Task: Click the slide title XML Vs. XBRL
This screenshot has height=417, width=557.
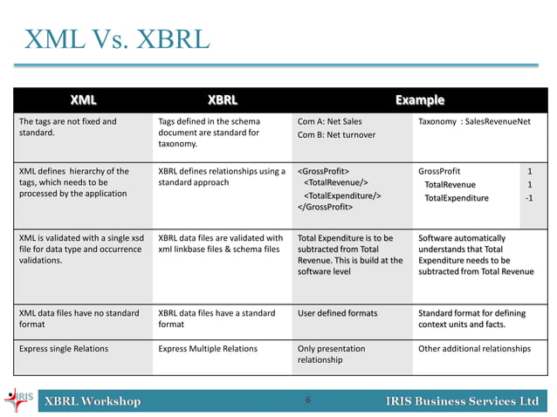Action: [117, 40]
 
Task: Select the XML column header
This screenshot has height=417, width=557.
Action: [83, 100]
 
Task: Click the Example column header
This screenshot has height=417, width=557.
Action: [419, 100]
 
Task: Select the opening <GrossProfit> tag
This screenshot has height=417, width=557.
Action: [327, 171]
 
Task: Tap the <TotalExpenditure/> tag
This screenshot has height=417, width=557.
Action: [342, 197]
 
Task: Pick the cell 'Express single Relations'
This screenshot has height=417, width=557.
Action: [63, 349]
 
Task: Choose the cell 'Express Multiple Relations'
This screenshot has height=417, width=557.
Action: [208, 349]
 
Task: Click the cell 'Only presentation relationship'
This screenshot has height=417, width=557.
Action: [332, 354]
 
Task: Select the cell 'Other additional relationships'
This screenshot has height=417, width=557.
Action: [474, 349]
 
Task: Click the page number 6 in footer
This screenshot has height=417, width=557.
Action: [308, 400]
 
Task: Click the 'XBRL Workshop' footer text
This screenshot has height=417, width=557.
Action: [93, 401]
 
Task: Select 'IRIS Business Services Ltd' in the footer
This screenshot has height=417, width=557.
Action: [462, 401]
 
